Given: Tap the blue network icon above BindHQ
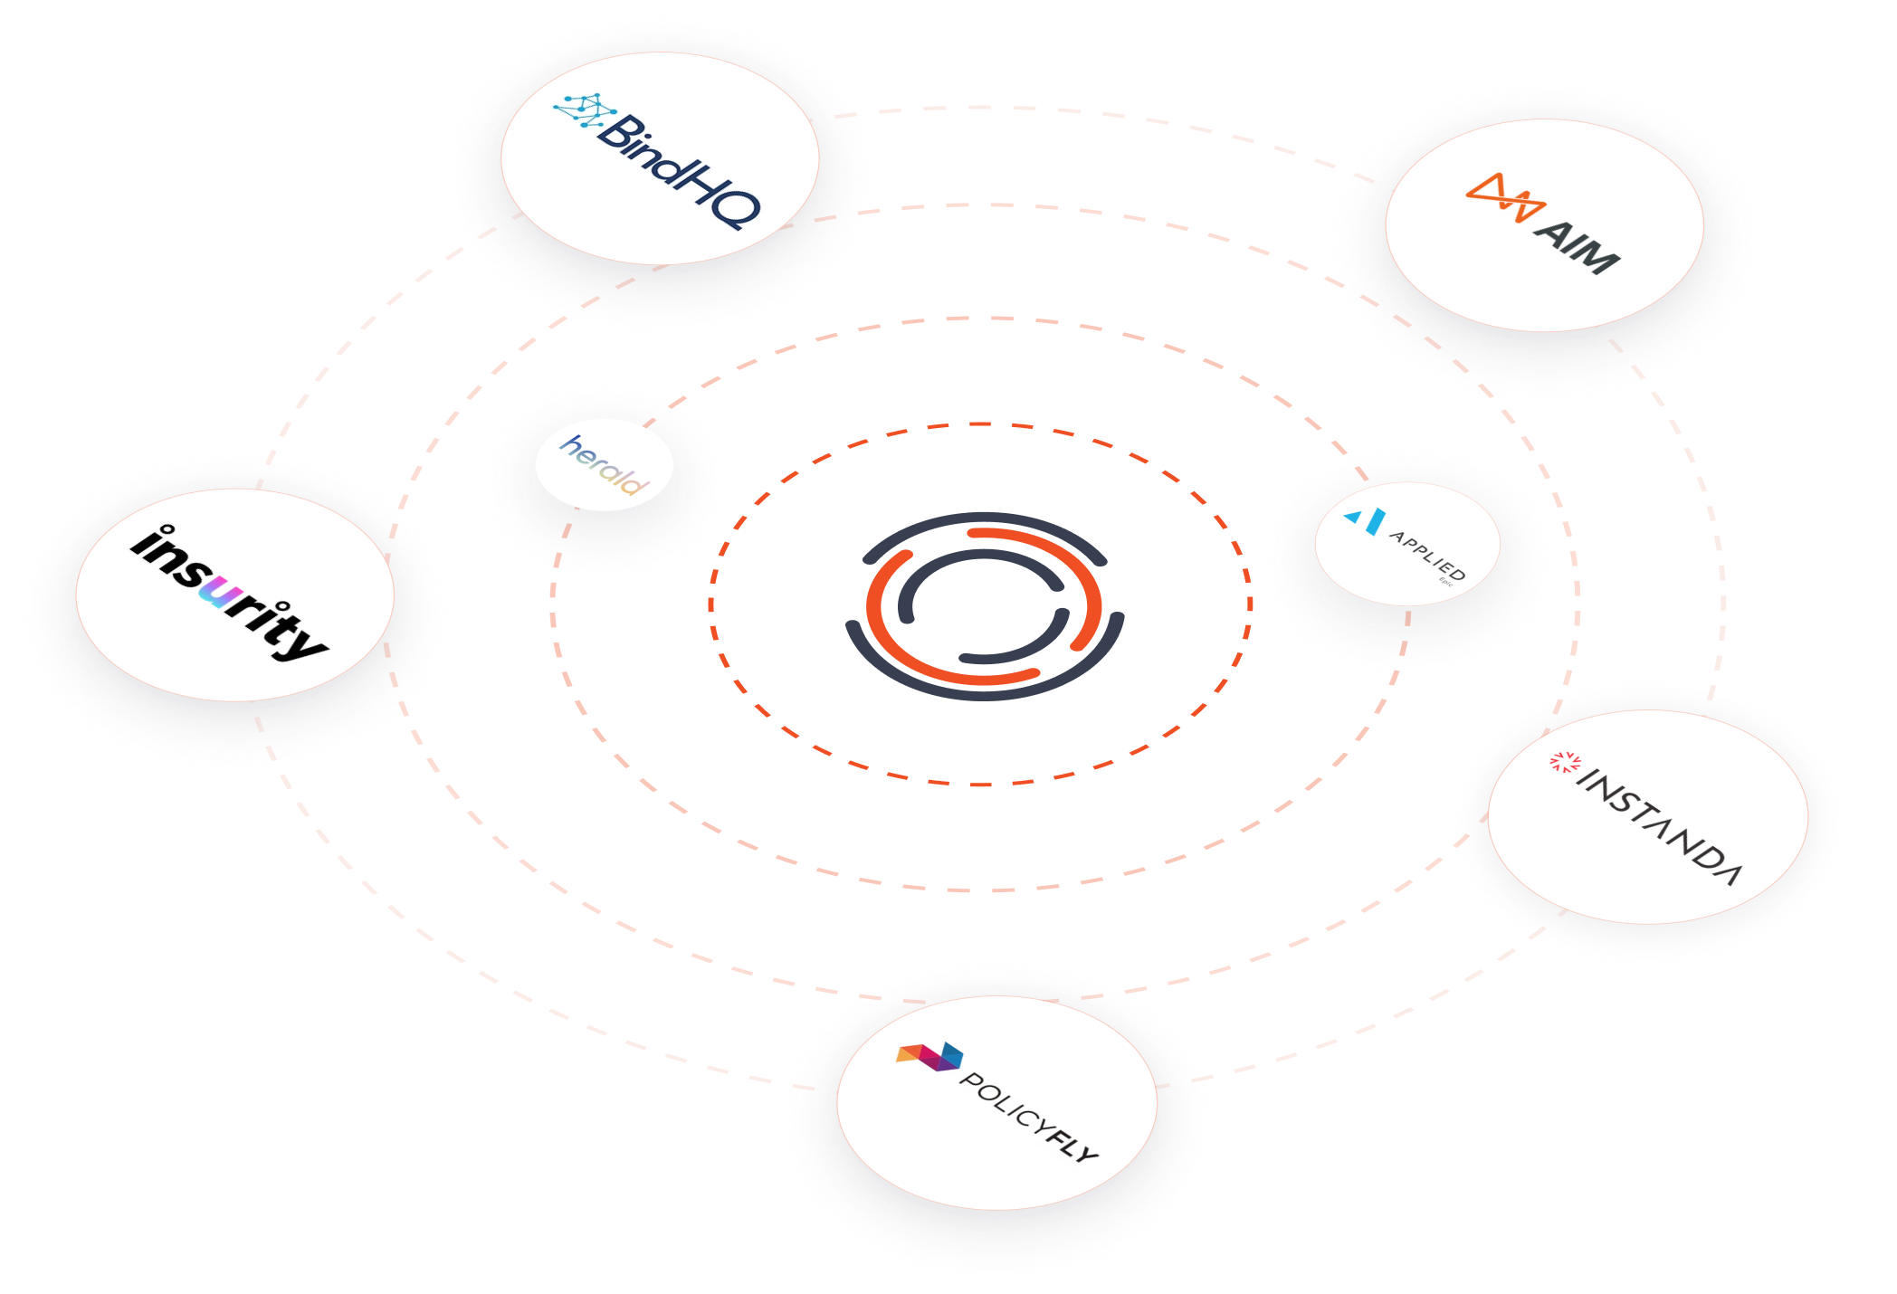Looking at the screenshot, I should tap(584, 111).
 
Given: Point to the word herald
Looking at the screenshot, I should tap(604, 465).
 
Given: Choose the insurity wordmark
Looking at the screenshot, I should tap(230, 594).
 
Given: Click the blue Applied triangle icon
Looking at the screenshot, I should tap(1366, 520).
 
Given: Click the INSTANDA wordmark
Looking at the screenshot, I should tap(1658, 826).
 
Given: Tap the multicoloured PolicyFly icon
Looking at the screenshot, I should tap(930, 1055).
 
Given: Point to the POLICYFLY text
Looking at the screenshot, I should tap(1028, 1117).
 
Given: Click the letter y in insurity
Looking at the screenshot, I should tap(306, 641).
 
